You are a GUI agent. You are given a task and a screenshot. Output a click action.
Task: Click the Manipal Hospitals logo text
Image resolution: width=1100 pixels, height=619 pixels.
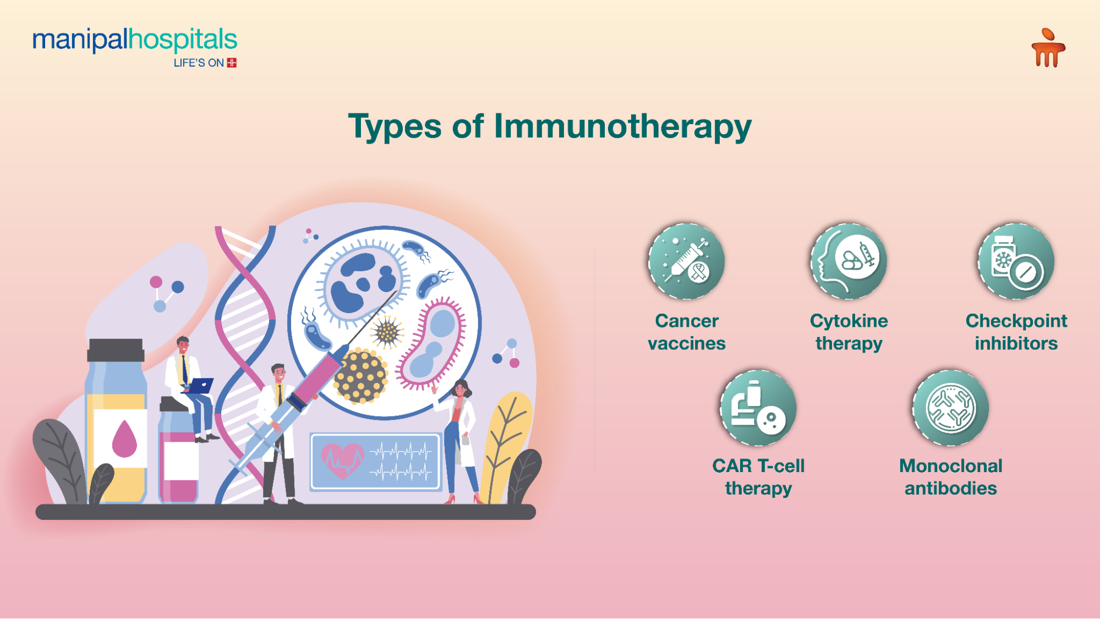[x=135, y=40]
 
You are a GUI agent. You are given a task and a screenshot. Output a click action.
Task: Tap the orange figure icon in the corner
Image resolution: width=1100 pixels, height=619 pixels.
[x=1048, y=48]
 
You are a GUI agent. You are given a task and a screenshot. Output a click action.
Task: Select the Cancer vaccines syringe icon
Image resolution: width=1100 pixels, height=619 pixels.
[x=686, y=261]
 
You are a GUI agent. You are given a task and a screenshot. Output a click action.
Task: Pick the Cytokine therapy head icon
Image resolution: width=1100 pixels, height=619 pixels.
[x=849, y=261]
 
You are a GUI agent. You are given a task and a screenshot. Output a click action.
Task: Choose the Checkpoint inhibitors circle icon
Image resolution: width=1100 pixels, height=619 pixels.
[x=1016, y=261]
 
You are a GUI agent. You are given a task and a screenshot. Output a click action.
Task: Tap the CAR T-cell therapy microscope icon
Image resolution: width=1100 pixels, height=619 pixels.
[x=758, y=408]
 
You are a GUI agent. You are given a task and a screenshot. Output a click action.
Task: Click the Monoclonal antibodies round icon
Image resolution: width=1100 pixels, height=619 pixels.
[x=950, y=408]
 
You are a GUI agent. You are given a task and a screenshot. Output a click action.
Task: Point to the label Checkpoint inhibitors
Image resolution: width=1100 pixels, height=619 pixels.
[x=1016, y=332]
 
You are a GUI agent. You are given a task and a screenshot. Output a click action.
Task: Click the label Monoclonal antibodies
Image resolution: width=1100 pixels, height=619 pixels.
[x=950, y=476]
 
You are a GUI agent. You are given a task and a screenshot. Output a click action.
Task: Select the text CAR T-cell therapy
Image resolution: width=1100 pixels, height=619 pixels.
[x=758, y=476]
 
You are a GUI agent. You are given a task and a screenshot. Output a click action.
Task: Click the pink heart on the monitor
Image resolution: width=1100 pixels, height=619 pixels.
[x=342, y=460]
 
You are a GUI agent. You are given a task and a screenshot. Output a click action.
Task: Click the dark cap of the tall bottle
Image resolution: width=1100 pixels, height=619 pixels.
[x=116, y=350]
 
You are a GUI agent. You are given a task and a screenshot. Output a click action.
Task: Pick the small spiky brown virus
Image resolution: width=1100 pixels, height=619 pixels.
[x=387, y=332]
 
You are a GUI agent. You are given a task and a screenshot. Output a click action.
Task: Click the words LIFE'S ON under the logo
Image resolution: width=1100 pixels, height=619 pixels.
[x=199, y=63]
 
